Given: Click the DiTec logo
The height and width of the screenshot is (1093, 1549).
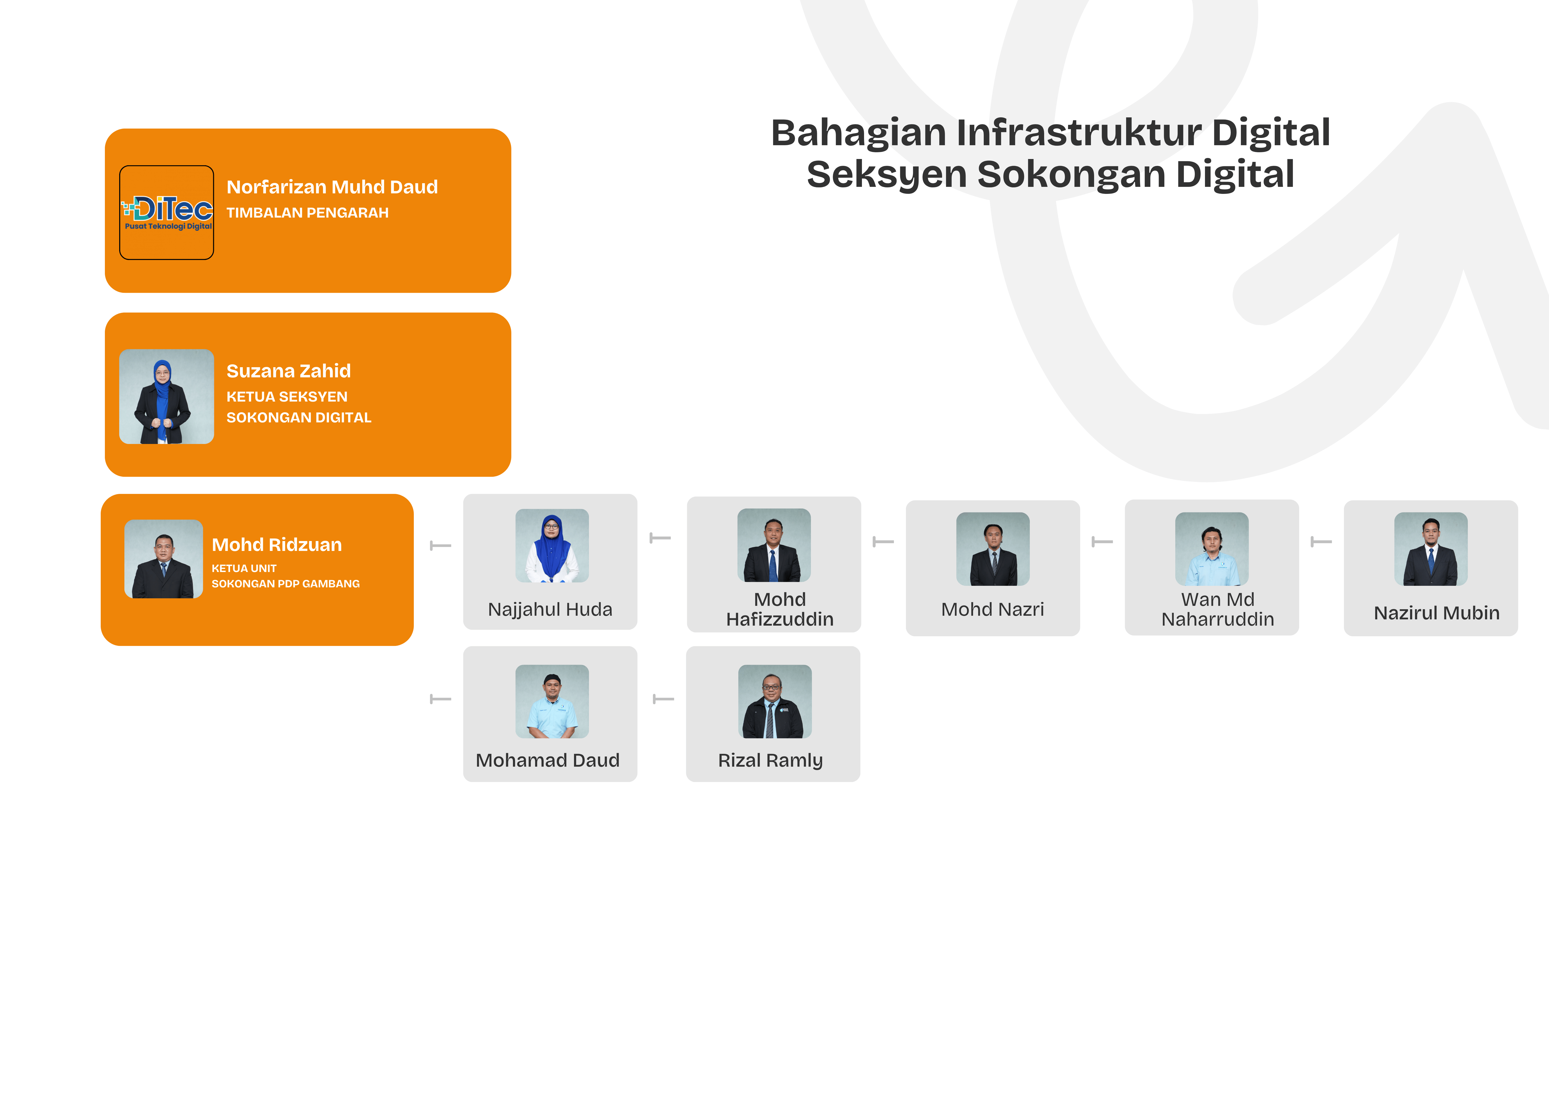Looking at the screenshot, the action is coord(167,213).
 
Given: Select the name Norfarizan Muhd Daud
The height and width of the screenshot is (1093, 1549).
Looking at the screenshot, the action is coord(332,187).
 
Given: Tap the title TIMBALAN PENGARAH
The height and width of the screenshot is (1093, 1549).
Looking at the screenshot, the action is coord(308,213).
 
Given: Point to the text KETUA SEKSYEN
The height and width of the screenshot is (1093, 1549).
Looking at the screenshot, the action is coord(287,397).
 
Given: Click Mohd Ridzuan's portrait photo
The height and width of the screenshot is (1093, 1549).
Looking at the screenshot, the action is coord(164,559).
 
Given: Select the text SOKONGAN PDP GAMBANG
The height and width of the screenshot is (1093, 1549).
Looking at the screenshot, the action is coord(285,584).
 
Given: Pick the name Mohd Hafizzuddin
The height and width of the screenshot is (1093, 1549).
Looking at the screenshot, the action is coord(780,609).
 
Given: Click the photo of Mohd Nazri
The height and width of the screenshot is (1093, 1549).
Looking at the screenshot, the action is coord(993,549).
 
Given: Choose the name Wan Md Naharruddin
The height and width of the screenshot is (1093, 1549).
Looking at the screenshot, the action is coord(1218,609).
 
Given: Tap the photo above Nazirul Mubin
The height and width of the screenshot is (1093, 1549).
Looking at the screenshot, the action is coord(1431,549).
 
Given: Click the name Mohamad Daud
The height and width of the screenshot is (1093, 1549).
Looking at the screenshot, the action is coord(547,760).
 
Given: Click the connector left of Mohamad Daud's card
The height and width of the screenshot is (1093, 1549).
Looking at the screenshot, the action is coord(441,699).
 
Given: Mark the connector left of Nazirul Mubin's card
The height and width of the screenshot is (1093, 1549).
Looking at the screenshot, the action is coord(1321,542).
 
